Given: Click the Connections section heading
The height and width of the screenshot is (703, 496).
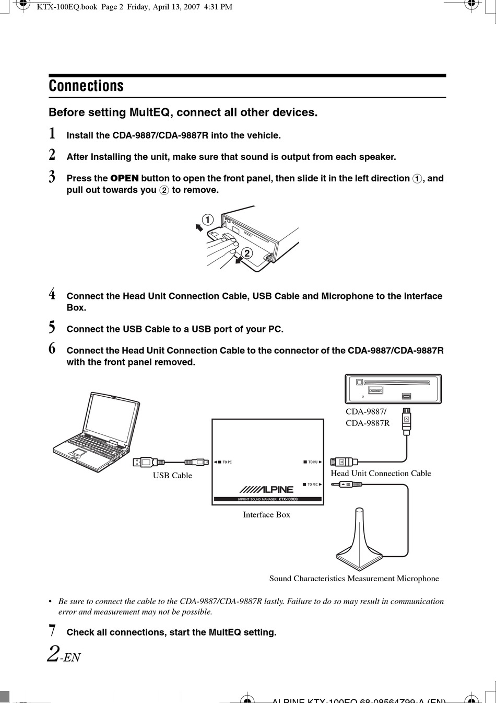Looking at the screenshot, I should click(x=86, y=86).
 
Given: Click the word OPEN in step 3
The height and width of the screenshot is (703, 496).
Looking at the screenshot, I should click(x=124, y=178).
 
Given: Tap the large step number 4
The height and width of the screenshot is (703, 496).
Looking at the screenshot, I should click(x=52, y=294).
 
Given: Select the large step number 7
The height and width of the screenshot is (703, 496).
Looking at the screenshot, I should click(x=52, y=631).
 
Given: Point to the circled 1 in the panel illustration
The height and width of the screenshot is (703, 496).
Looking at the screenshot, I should click(x=208, y=220).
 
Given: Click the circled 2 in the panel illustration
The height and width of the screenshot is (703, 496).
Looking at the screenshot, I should click(x=247, y=253).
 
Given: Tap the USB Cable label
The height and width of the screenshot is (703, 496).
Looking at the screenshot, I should click(x=172, y=475).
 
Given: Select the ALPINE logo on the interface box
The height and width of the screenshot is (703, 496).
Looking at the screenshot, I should click(x=267, y=490).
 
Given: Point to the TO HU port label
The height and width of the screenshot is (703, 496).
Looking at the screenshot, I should click(x=313, y=462).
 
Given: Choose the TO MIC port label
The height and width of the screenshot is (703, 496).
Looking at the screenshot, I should click(x=312, y=485).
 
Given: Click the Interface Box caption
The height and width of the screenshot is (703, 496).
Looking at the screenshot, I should click(x=266, y=514).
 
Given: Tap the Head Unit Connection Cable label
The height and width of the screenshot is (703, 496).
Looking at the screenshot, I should click(x=381, y=473).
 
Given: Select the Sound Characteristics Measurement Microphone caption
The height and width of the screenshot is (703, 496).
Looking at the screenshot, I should click(x=354, y=578).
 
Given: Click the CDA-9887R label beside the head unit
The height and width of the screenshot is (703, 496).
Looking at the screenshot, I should click(x=368, y=423).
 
